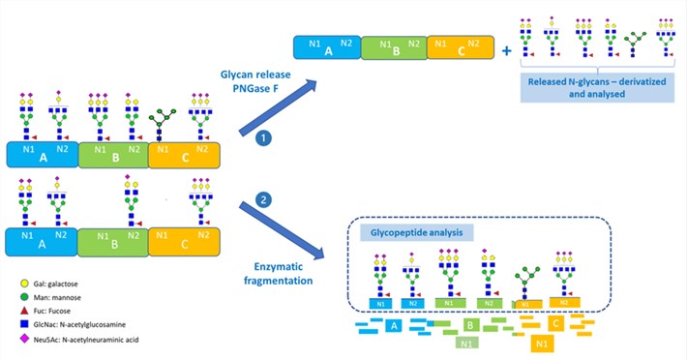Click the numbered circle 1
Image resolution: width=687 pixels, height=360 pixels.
pyautogui.click(x=260, y=139)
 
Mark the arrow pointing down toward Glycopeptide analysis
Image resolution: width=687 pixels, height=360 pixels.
pyautogui.click(x=285, y=232)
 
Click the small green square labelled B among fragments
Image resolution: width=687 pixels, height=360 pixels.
pyautogui.click(x=468, y=326)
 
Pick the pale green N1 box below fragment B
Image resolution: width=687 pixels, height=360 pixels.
pyautogui.click(x=465, y=343)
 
